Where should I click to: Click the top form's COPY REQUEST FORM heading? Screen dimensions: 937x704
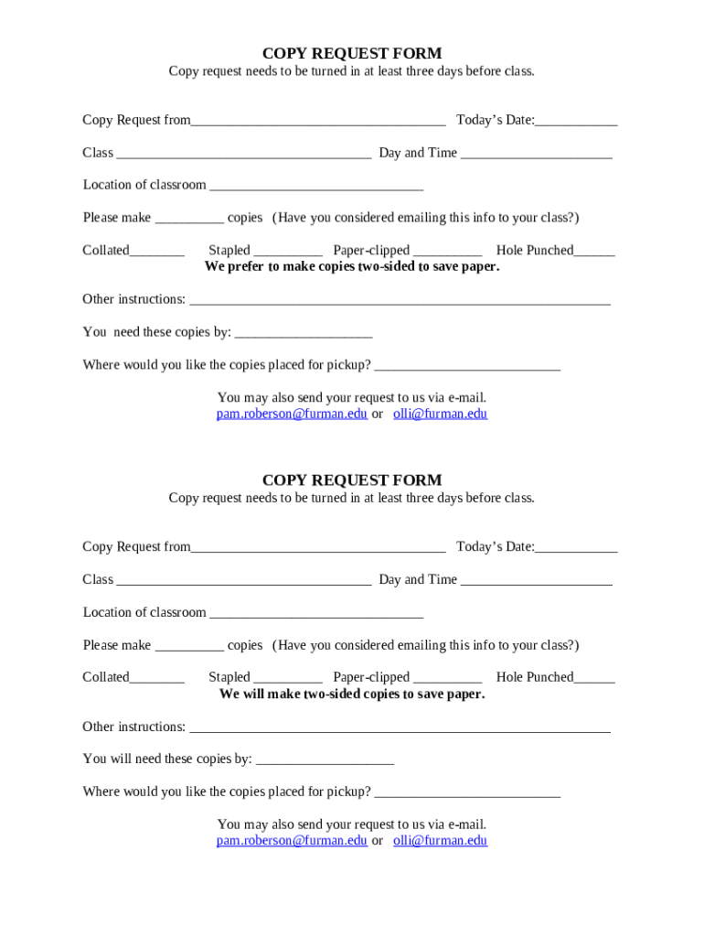pyautogui.click(x=351, y=54)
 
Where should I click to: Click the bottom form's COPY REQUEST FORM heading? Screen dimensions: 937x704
pyautogui.click(x=351, y=480)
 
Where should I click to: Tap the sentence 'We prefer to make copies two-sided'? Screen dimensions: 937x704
pyautogui.click(x=351, y=266)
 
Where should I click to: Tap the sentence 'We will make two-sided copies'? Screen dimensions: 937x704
pyautogui.click(x=351, y=694)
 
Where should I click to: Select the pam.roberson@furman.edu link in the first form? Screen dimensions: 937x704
pyautogui.click(x=292, y=414)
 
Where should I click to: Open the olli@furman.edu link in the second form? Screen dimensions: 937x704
pyautogui.click(x=440, y=840)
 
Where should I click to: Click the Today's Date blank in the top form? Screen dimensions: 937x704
pyautogui.click(x=576, y=122)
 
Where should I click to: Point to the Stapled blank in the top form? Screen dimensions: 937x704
pyautogui.click(x=288, y=252)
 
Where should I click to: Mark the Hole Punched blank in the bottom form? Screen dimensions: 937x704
pyautogui.click(x=594, y=679)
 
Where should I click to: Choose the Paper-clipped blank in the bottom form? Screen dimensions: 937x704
pyautogui.click(x=447, y=679)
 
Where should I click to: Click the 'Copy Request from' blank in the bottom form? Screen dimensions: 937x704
pyautogui.click(x=318, y=548)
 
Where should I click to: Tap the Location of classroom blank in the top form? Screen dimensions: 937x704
pyautogui.click(x=316, y=187)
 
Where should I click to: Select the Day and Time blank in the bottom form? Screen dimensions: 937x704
pyautogui.click(x=536, y=581)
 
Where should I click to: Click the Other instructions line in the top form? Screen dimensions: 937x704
pyautogui.click(x=399, y=301)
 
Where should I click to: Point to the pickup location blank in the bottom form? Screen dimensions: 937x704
pyautogui.click(x=467, y=793)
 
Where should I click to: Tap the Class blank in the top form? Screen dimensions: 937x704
pyautogui.click(x=243, y=155)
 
